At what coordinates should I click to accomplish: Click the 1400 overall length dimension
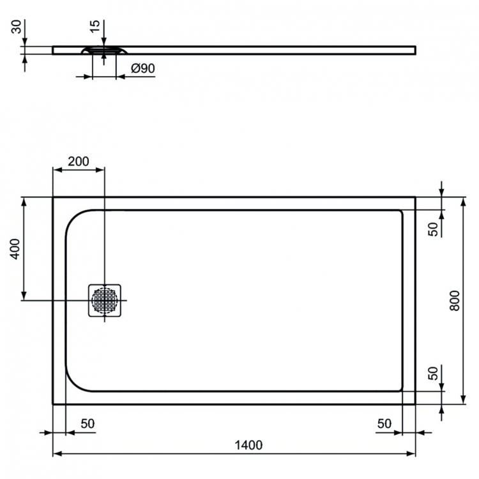click(x=249, y=445)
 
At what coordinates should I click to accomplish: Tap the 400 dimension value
click(x=16, y=248)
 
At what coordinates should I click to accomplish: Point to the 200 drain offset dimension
click(x=78, y=161)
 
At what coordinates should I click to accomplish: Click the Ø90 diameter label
click(x=143, y=69)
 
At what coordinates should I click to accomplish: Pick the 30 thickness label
click(x=16, y=27)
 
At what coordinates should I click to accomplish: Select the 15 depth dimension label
click(x=95, y=27)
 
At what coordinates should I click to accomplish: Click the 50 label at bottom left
click(x=87, y=423)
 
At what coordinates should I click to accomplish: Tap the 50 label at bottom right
click(x=384, y=423)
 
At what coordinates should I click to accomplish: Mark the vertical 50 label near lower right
click(x=433, y=373)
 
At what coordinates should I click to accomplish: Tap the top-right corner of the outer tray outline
click(x=415, y=197)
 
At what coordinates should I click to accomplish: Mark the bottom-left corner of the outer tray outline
click(x=53, y=404)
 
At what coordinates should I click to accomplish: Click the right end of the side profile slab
click(x=414, y=49)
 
